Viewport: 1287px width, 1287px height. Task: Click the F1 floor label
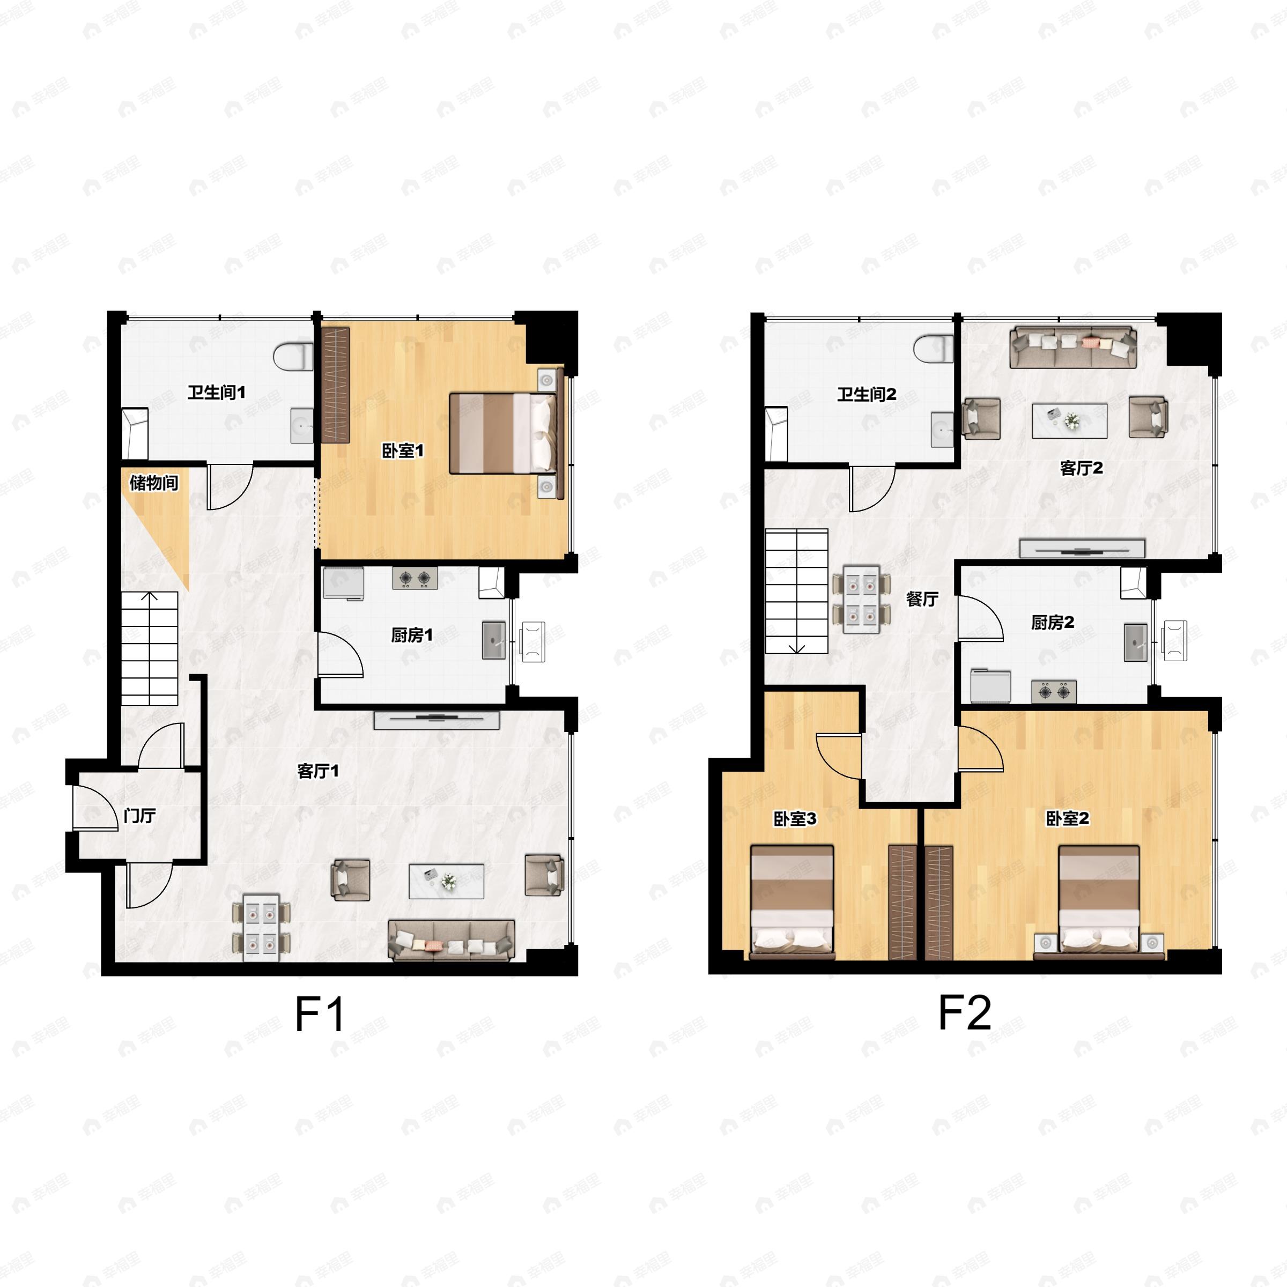[320, 1015]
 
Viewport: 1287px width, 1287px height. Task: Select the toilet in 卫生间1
[294, 357]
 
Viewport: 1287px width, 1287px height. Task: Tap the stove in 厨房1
[415, 578]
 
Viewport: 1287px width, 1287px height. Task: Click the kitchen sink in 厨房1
[493, 640]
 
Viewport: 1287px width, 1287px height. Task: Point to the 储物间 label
[154, 482]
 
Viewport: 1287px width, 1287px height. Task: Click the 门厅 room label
[140, 815]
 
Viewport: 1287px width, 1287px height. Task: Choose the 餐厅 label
[922, 599]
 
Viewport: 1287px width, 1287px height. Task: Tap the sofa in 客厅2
[1073, 346]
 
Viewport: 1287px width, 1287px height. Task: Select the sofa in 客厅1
[451, 940]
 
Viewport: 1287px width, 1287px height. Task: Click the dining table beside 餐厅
[861, 599]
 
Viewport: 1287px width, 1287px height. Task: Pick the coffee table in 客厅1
[446, 881]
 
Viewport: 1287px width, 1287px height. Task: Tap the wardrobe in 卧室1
[336, 385]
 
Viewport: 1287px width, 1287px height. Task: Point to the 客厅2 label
[1081, 468]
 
